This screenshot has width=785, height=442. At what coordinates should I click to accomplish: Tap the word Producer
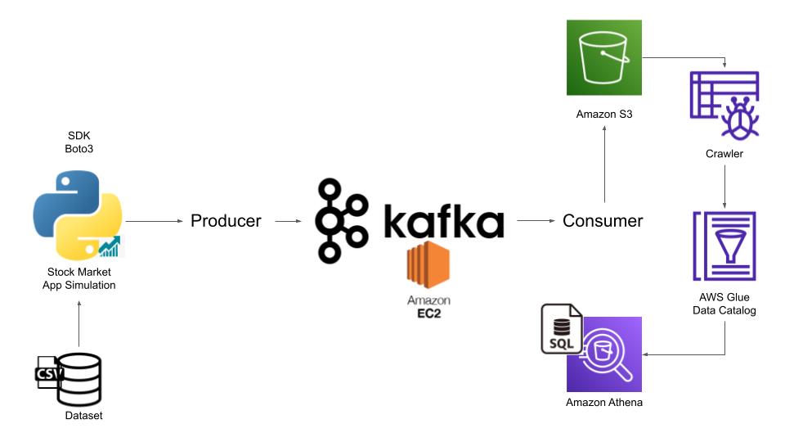226,221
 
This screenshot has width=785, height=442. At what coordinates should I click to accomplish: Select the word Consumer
603,221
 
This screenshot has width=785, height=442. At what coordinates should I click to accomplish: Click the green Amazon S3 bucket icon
604,57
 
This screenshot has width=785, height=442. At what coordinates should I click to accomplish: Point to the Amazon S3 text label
604,114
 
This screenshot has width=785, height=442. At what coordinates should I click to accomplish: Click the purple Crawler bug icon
724,106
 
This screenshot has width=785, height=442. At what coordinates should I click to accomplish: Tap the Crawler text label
724,154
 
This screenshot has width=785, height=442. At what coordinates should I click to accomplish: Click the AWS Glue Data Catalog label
724,304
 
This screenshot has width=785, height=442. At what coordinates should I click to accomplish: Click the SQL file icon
562,329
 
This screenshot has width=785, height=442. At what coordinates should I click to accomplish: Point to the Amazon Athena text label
604,403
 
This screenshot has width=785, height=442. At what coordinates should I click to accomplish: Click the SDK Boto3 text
78,142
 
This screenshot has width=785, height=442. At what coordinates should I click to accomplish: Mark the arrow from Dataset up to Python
78,323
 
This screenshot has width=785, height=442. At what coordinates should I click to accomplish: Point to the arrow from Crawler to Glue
724,185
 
